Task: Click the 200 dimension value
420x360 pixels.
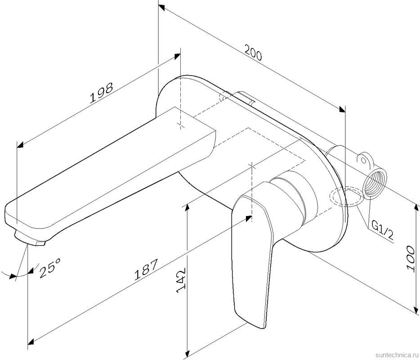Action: pyautogui.click(x=253, y=54)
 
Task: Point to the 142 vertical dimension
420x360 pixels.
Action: pyautogui.click(x=181, y=281)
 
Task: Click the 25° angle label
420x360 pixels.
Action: pyautogui.click(x=50, y=270)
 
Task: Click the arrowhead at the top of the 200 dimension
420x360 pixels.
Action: pyautogui.click(x=161, y=9)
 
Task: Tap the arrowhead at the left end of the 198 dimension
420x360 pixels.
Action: pyautogui.click(x=19, y=144)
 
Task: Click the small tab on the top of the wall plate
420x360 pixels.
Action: pyautogui.click(x=243, y=98)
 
